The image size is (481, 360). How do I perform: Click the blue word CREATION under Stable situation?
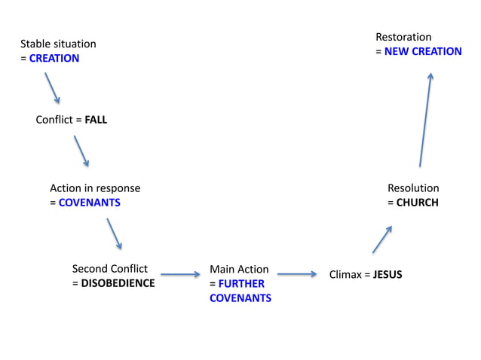(54, 59)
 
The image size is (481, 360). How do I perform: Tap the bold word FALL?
(96, 120)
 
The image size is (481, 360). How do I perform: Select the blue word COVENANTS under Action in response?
(89, 203)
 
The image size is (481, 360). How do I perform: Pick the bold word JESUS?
(388, 275)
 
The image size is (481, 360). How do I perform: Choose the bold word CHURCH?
(417, 203)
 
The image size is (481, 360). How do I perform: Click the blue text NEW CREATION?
(423, 52)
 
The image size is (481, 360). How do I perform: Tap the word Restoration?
(403, 37)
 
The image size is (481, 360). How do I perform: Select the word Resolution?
(413, 188)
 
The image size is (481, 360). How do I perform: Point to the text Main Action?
(239, 270)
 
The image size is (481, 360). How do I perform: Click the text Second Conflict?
(109, 269)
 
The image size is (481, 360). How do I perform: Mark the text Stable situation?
(58, 44)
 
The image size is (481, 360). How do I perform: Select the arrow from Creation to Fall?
(52, 88)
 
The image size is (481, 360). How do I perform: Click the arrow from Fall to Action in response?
(81, 151)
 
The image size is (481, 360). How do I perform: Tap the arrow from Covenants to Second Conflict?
(115, 234)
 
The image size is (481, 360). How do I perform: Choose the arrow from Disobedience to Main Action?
(180, 275)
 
